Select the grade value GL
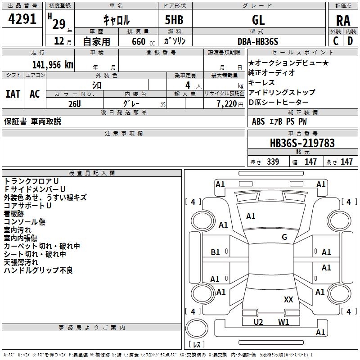pos(258,19)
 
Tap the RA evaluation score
pos(343,20)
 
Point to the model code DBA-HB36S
pos(258,41)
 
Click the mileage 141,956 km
pos(52,64)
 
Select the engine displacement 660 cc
pos(138,41)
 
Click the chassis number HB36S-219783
pos(302,143)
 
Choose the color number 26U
pos(74,103)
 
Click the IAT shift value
pos(13,94)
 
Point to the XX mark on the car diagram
pos(288,299)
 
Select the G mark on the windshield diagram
pos(284,237)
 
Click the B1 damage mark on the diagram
pos(216,252)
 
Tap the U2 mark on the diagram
pos(258,322)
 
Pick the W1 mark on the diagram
pos(283,322)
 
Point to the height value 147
pos(346,162)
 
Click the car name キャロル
pos(116,20)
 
